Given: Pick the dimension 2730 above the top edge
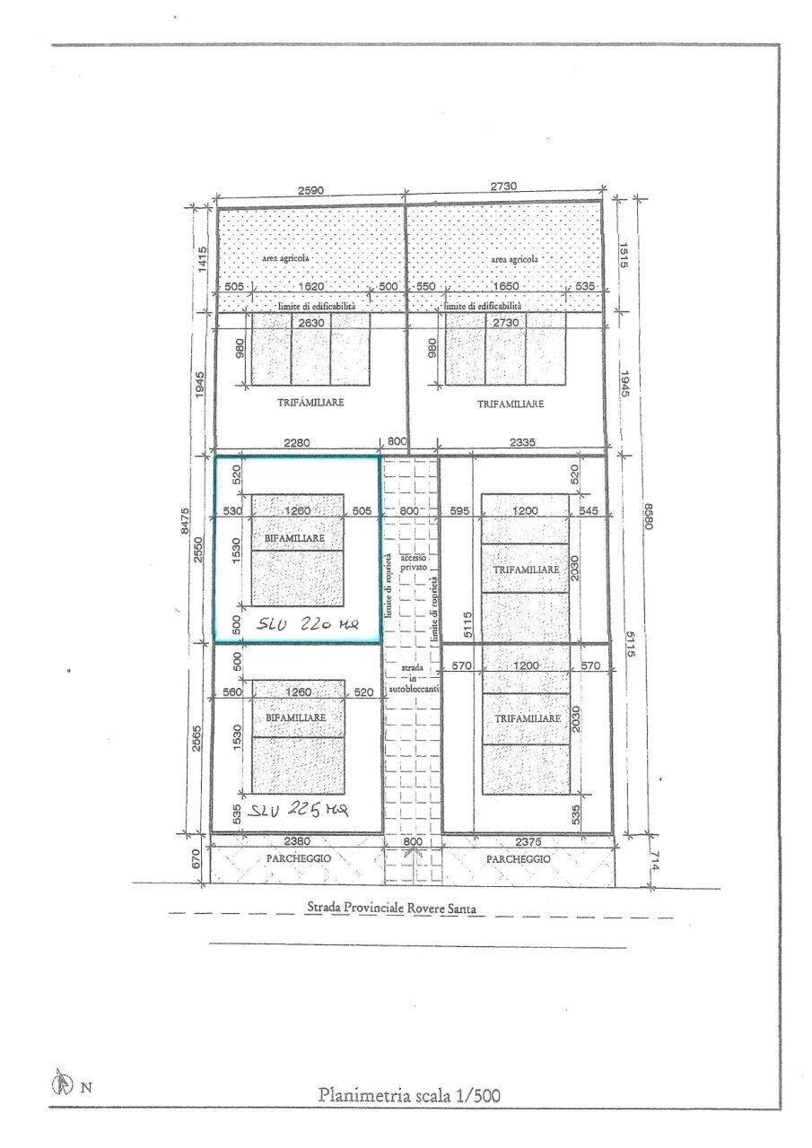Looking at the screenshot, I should pos(504,187).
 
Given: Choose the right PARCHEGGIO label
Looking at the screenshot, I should pos(519,858).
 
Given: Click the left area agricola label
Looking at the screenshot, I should pos(286,258).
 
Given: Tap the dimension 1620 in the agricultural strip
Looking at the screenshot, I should pos(313,287).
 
